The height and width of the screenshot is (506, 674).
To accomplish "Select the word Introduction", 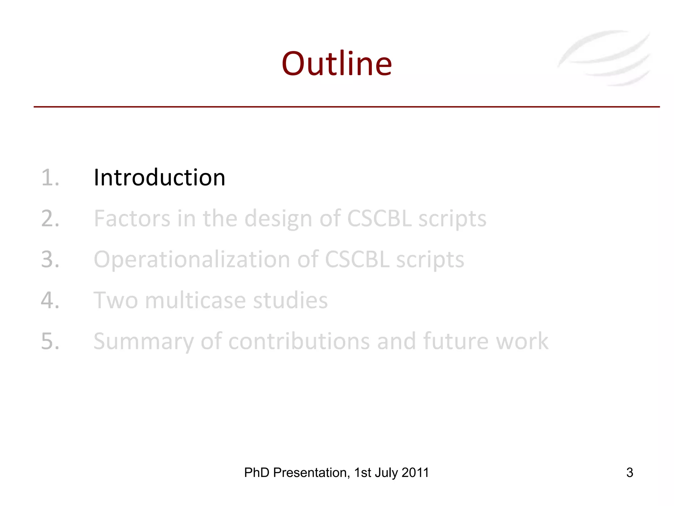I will click(x=159, y=178).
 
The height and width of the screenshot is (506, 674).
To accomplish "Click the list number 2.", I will click(x=50, y=218).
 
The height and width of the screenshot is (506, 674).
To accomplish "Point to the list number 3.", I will click(x=50, y=259).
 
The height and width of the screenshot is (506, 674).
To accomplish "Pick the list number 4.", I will click(x=50, y=300).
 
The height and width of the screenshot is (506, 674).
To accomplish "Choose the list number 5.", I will click(x=50, y=341).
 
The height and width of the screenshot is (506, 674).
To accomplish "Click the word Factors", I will click(x=132, y=218).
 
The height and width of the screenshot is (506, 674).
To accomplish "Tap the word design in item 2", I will click(x=278, y=219).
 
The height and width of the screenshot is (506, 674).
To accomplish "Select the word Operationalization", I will click(x=192, y=260).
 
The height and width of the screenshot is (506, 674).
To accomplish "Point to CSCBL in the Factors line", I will click(x=379, y=218).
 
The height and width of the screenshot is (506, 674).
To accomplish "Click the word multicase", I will click(x=195, y=300).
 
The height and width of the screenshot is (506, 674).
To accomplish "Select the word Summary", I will click(x=143, y=342).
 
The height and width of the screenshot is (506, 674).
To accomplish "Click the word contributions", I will click(x=299, y=341).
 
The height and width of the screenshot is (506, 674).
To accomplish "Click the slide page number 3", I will click(x=630, y=472).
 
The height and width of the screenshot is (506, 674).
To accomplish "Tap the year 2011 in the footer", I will click(x=415, y=472).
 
